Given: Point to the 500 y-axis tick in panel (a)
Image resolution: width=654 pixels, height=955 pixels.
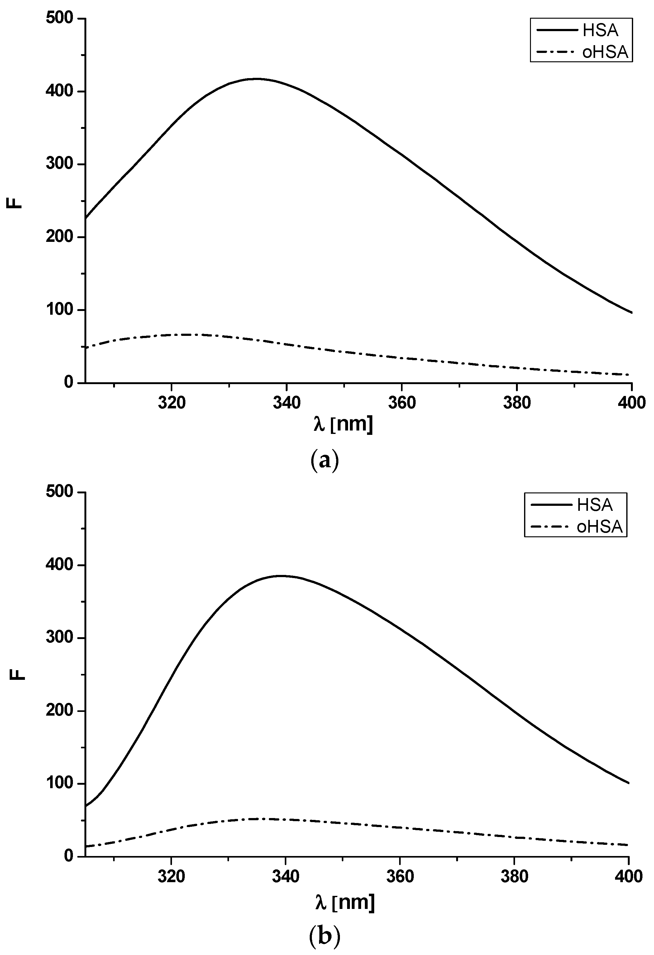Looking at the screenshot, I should (60, 18).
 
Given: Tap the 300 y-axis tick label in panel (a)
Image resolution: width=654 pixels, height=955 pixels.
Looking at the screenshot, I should (60, 164).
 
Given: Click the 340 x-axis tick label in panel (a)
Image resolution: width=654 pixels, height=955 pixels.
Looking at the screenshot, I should (287, 403).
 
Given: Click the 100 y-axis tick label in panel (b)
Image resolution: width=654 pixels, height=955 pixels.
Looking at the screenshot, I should (60, 783).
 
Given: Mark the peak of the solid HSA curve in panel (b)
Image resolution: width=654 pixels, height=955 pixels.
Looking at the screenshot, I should (281, 576).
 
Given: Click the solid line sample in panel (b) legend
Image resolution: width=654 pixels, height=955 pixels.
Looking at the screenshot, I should (551, 505).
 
